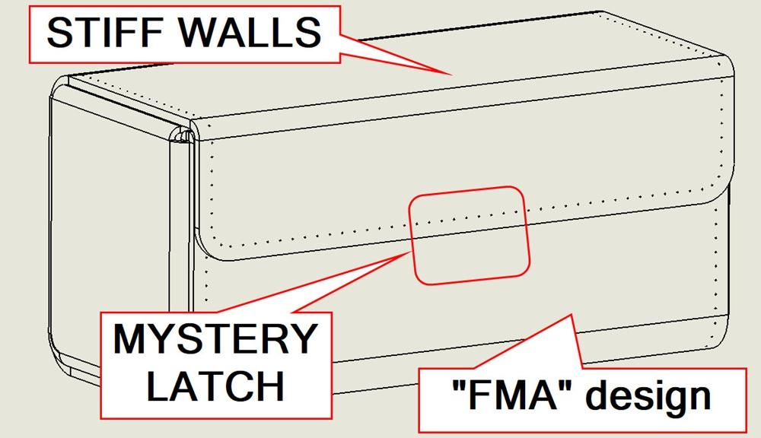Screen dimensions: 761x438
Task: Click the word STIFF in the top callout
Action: (104, 33)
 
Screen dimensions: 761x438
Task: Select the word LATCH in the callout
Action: (215, 386)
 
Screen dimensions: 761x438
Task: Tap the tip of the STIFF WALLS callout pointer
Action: (452, 75)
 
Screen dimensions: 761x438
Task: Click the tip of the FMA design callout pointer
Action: (571, 315)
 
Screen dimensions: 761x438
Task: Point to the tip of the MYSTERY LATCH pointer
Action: (411, 252)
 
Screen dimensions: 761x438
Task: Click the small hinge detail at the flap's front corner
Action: (183, 135)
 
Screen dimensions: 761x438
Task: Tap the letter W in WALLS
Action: (198, 33)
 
